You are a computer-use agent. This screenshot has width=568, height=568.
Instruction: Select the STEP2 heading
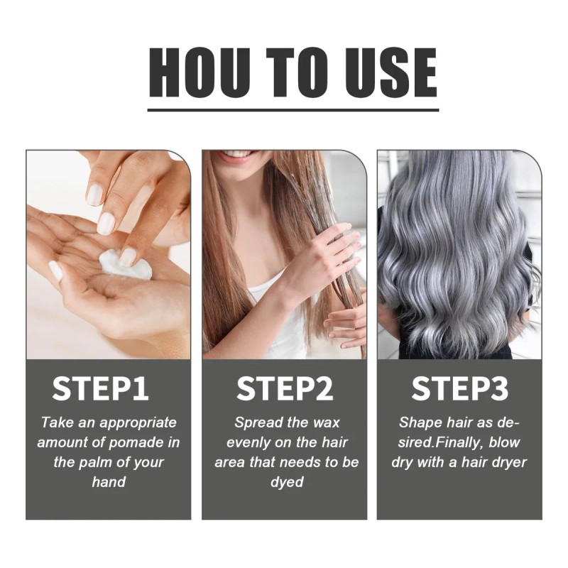pos(285,389)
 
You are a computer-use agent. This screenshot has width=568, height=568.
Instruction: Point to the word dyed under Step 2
pos(286,482)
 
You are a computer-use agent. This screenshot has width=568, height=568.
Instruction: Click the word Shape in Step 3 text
pos(420,422)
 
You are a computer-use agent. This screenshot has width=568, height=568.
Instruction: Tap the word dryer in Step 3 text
pos(507,462)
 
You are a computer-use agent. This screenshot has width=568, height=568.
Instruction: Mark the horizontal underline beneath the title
pos(293,109)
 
